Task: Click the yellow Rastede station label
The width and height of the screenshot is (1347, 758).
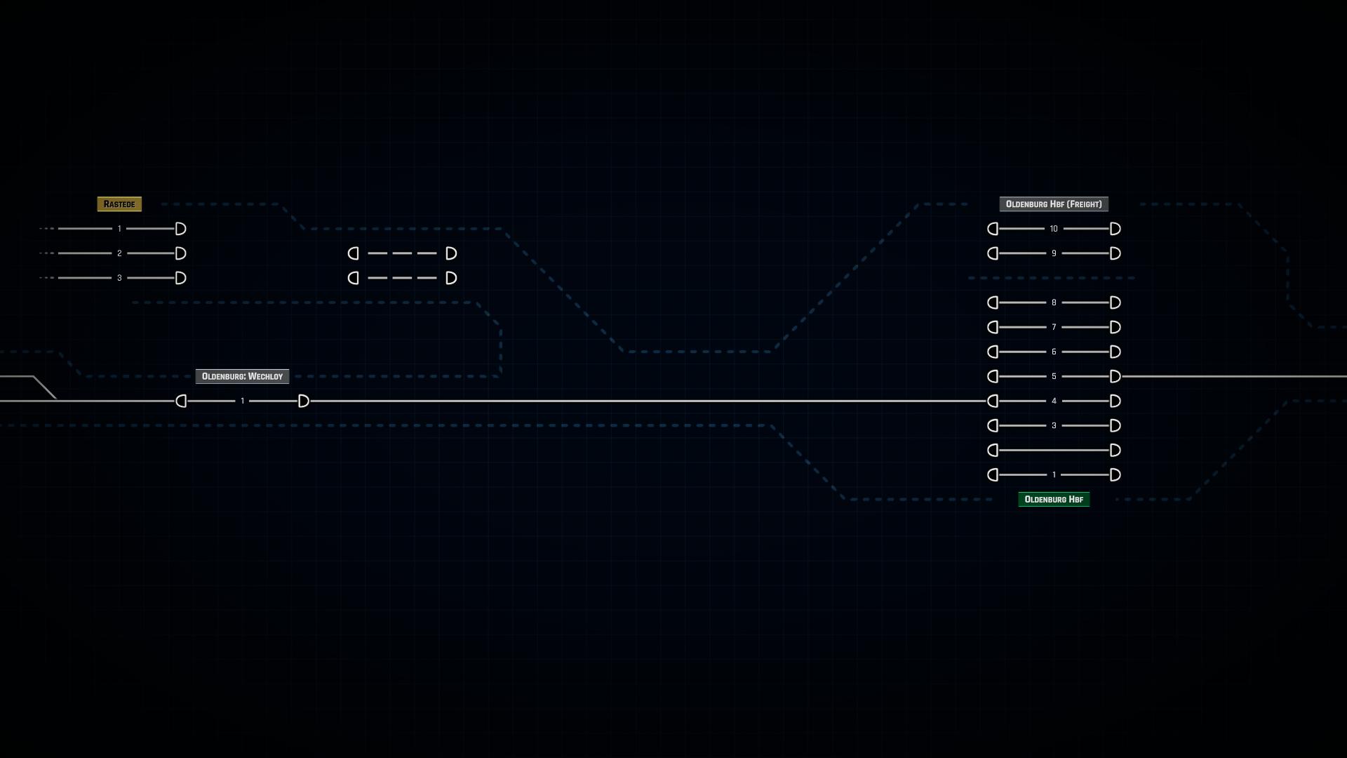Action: (x=119, y=204)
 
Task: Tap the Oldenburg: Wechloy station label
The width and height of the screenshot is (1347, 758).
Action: (x=242, y=376)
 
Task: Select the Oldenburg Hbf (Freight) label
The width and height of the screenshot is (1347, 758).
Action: (x=1054, y=204)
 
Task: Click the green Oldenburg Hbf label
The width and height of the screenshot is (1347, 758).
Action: (x=1054, y=499)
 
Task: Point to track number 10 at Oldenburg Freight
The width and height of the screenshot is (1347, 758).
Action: (x=1054, y=229)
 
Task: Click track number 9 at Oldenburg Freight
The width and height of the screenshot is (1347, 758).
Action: (x=1054, y=253)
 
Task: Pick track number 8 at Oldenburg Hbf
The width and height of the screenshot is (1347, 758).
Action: (x=1054, y=302)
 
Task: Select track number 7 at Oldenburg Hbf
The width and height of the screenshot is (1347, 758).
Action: (x=1054, y=327)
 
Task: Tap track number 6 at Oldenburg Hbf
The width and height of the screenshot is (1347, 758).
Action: (x=1054, y=352)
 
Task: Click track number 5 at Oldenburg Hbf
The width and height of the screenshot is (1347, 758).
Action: (x=1054, y=376)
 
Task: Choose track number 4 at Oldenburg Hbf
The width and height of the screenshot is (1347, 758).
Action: (x=1054, y=401)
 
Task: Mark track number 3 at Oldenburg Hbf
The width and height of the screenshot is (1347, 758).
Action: (x=1054, y=425)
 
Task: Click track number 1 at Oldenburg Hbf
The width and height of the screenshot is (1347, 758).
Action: (x=1054, y=474)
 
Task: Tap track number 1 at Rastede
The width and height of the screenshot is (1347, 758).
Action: (x=119, y=229)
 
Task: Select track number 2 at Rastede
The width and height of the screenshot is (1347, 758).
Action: (x=119, y=253)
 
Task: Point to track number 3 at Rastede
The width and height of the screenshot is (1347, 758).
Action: (x=119, y=278)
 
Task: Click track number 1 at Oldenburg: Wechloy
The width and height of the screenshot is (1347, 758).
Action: (x=243, y=401)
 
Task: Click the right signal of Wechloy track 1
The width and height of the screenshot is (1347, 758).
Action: (x=304, y=401)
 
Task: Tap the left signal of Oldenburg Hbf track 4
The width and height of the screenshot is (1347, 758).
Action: (x=993, y=401)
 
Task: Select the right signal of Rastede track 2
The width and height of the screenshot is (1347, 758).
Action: (x=181, y=253)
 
